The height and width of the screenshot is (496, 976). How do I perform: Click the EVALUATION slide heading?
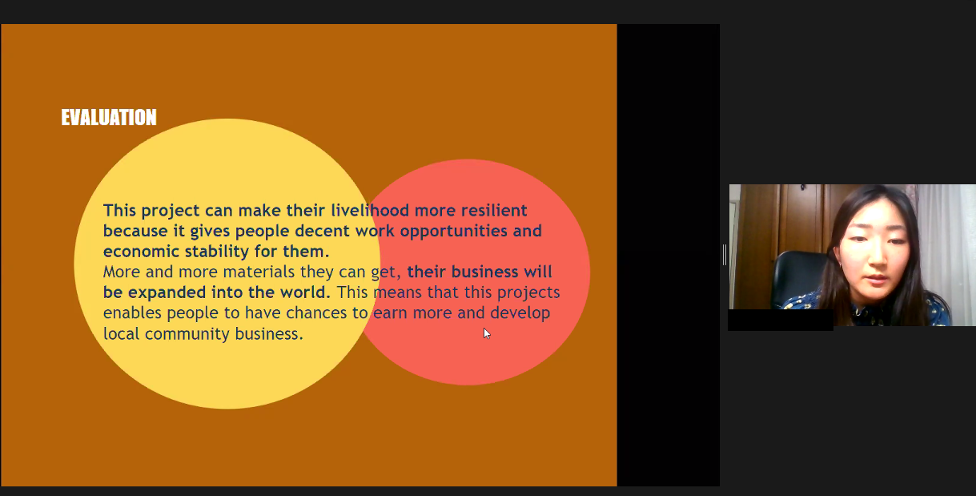(109, 117)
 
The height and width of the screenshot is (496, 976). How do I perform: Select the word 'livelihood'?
(370, 210)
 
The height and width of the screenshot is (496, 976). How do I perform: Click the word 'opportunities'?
(454, 232)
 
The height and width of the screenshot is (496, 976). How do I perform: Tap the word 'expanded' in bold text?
(167, 292)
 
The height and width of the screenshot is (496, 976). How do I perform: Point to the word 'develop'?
(520, 313)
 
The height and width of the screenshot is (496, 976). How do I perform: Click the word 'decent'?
(323, 231)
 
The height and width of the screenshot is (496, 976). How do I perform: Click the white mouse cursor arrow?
(487, 333)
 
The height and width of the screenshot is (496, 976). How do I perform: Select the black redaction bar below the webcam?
(781, 320)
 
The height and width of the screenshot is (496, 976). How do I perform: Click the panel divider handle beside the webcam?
(724, 255)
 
